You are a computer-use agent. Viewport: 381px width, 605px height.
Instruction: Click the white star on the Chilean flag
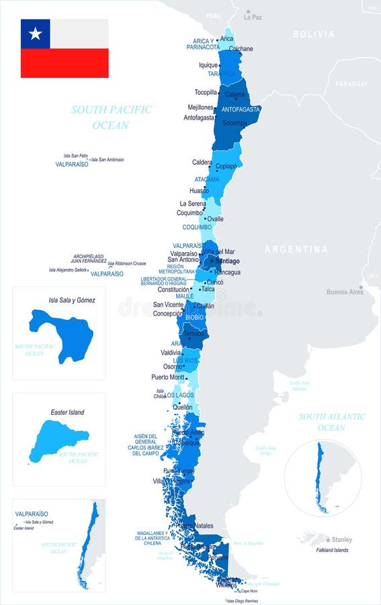(36, 34)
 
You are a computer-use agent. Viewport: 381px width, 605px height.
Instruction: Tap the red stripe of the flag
(65, 63)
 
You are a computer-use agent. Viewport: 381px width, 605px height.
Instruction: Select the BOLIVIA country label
(313, 34)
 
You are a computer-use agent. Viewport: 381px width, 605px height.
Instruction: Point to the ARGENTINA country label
(296, 249)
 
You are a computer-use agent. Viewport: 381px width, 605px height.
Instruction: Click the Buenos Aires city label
(345, 292)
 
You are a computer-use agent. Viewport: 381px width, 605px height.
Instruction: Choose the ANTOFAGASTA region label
(241, 109)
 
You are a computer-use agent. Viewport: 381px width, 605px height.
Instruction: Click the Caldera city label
(202, 162)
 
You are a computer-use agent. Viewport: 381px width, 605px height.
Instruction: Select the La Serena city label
(192, 203)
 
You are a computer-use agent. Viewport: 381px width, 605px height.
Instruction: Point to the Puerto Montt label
(169, 377)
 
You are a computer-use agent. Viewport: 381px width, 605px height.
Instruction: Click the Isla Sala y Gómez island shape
(61, 333)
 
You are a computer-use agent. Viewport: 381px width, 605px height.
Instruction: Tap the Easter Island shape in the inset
(57, 440)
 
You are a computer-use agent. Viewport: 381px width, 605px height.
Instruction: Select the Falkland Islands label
(332, 551)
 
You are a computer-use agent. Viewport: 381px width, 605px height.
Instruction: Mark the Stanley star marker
(329, 539)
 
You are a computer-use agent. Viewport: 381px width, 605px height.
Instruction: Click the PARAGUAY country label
(351, 83)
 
